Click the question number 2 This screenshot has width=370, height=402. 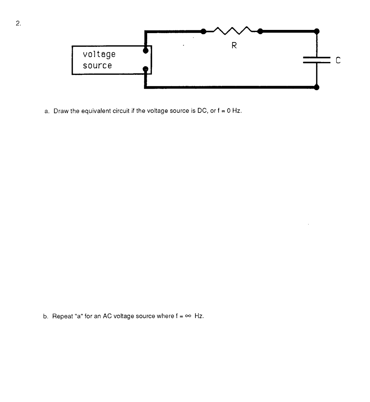pos(18,24)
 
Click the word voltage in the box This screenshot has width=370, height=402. pos(99,55)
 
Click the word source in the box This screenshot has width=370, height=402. pos(97,66)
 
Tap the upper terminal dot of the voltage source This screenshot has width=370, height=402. pos(145,51)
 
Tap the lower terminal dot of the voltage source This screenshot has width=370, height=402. pos(145,69)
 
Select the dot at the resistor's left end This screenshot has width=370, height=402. pos(203,31)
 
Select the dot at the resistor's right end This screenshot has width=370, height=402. pos(260,31)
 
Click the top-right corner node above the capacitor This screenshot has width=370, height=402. pos(317,31)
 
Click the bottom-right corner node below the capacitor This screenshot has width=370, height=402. pos(317,87)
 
